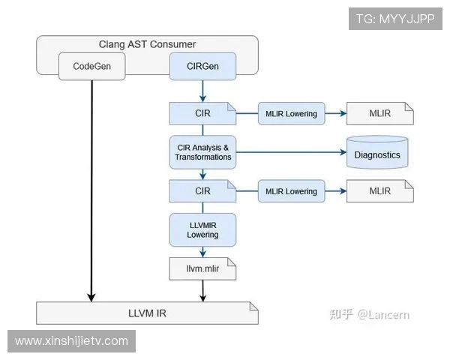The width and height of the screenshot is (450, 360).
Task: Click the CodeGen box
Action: tap(91, 66)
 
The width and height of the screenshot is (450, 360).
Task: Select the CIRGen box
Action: tap(202, 66)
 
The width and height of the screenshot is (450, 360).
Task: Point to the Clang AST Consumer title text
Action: tap(147, 44)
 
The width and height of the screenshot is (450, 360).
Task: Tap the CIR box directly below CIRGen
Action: tap(202, 114)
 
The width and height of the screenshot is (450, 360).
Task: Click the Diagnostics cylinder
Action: tap(376, 153)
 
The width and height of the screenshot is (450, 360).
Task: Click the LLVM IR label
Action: tap(148, 313)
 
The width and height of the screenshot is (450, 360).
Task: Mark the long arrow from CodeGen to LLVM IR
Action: tap(92, 187)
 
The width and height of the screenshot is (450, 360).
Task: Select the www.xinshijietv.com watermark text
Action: tap(72, 341)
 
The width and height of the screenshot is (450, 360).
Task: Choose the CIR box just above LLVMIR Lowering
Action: tap(202, 191)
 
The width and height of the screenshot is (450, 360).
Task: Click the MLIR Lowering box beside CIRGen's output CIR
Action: tap(291, 114)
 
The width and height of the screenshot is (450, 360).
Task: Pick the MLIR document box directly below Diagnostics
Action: tap(379, 191)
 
